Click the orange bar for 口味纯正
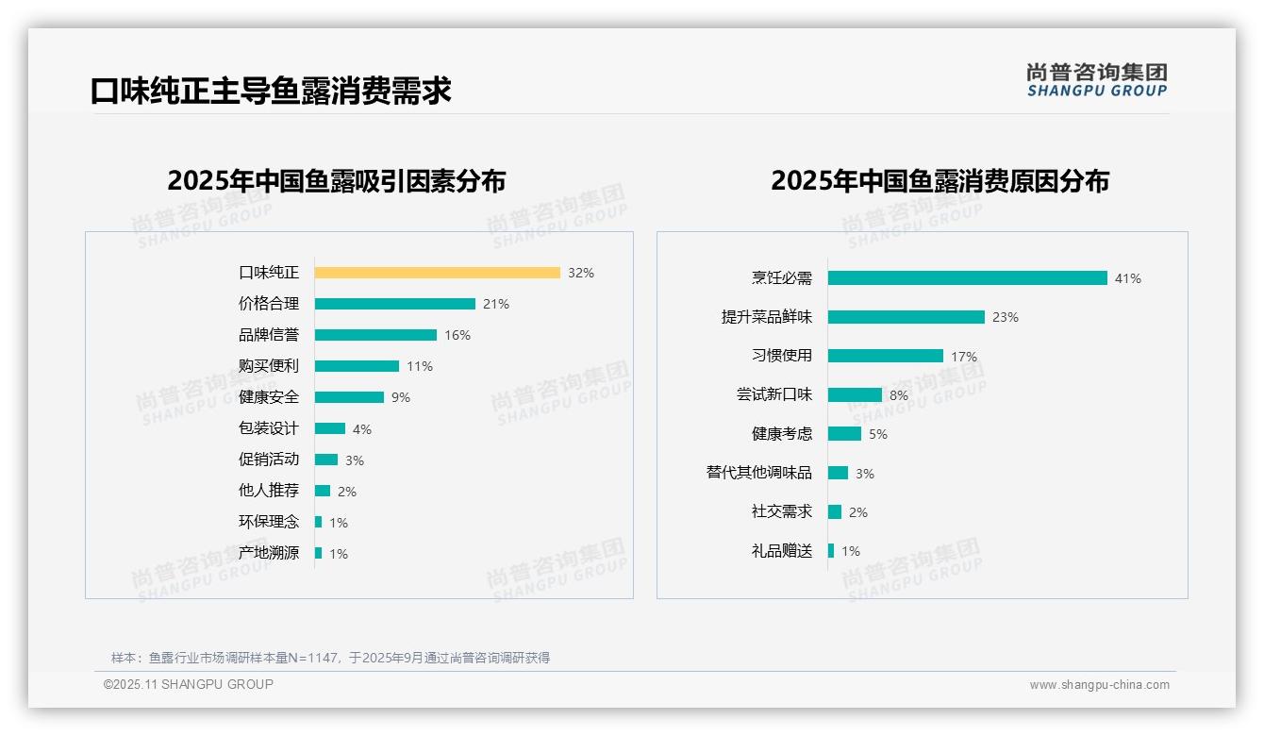437,273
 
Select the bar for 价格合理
394,304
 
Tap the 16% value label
457,335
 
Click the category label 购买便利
268,366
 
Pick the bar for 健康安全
349,397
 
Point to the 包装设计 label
268,428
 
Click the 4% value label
362,429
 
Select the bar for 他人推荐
323,491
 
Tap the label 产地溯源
268,553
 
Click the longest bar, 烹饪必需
967,278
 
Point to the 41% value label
1127,278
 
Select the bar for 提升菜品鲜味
906,317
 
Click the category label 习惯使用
781,356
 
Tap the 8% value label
898,395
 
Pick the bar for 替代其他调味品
838,473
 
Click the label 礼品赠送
781,551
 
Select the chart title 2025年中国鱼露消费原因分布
940,181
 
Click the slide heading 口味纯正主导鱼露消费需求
271,91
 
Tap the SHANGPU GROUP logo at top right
1096,80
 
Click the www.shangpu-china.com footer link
1099,685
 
